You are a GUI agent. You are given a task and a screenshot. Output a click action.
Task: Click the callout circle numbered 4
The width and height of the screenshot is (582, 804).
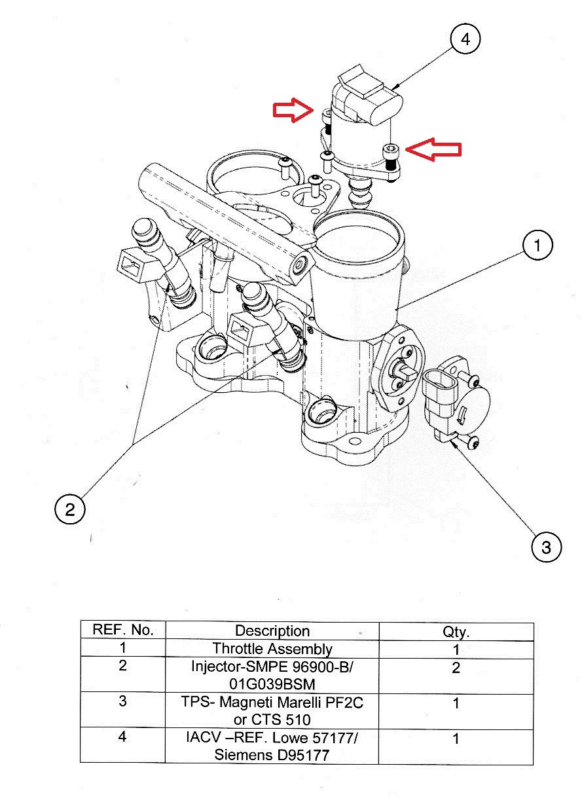tap(465, 39)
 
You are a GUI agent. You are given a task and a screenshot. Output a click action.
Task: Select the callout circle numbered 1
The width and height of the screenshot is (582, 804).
tap(537, 246)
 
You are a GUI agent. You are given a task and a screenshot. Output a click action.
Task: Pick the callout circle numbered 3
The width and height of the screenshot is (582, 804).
tap(546, 546)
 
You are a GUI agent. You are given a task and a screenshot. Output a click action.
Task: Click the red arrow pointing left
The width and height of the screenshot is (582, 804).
tap(434, 149)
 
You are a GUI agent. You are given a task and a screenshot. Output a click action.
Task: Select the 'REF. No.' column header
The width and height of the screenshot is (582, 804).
tap(123, 630)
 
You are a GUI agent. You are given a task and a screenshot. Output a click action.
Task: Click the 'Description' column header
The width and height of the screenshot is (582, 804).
tap(272, 631)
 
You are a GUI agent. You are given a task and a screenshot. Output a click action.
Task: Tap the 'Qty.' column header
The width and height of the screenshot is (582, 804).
tap(456, 632)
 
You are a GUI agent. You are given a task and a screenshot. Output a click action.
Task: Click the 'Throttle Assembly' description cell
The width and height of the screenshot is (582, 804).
tap(272, 649)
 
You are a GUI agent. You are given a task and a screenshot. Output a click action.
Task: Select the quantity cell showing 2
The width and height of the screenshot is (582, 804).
tap(456, 668)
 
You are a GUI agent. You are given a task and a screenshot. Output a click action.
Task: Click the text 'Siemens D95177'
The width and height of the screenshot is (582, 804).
tap(272, 755)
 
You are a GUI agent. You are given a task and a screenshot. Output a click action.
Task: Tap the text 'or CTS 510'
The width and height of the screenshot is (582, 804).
tap(272, 720)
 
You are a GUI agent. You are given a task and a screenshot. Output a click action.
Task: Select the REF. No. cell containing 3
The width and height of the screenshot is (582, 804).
tap(123, 702)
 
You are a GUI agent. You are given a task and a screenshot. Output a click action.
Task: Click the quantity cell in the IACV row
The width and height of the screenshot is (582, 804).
tap(456, 739)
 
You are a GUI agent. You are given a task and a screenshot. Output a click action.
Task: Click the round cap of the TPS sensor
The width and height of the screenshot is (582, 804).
tap(470, 408)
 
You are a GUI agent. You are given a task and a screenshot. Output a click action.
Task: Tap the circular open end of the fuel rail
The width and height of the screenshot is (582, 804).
tap(301, 265)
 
